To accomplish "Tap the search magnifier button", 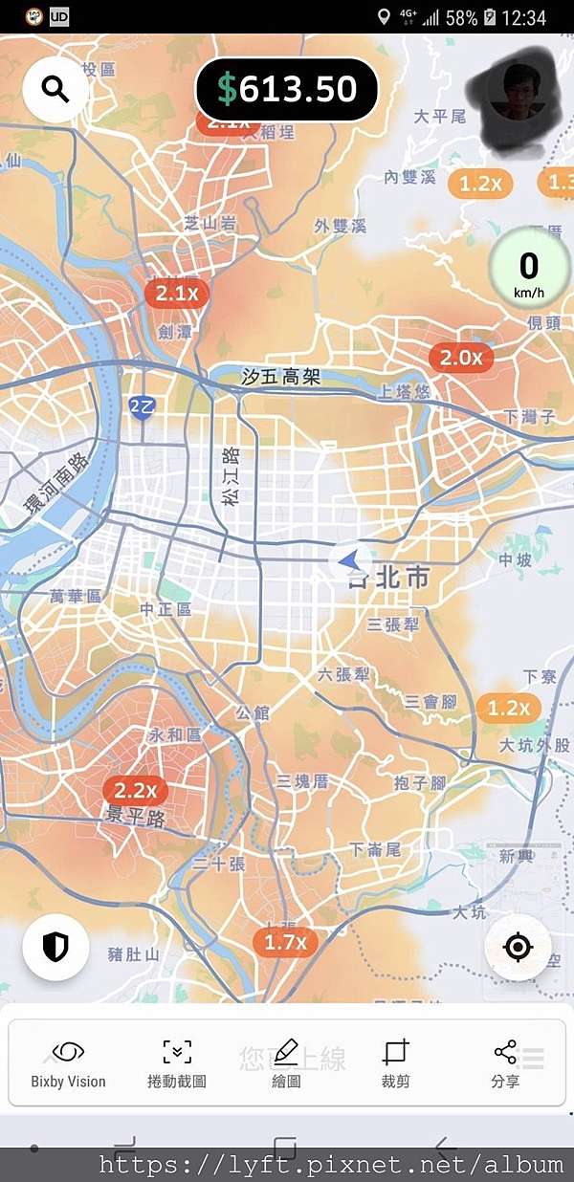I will (55, 90).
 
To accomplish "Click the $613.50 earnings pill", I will (287, 90).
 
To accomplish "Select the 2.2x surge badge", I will (135, 791).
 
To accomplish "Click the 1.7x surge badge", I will (285, 942).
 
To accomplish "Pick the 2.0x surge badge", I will (461, 358).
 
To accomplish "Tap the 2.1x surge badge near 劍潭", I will (177, 294).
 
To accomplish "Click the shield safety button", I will (55, 947).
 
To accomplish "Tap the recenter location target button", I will (518, 947).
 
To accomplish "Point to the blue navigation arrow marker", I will (350, 560).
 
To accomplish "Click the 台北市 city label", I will (388, 579).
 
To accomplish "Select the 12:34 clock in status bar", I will (523, 17).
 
